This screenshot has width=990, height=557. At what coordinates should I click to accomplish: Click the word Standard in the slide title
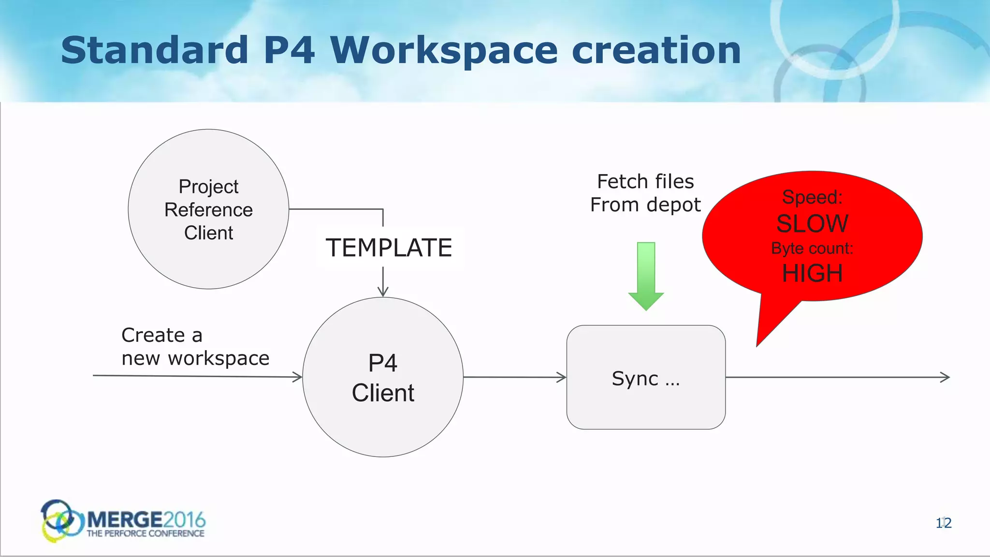click(x=155, y=50)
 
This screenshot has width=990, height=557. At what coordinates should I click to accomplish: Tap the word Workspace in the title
click(x=444, y=51)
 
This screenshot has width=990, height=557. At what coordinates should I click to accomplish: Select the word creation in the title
click(x=656, y=50)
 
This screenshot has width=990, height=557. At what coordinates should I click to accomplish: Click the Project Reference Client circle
click(x=208, y=209)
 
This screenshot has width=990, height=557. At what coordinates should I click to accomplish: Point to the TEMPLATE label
click(x=389, y=248)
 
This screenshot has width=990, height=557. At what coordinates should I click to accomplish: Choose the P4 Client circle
click(x=383, y=378)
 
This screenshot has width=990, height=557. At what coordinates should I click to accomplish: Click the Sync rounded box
click(x=646, y=378)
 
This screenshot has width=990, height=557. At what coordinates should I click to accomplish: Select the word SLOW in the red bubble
click(x=812, y=224)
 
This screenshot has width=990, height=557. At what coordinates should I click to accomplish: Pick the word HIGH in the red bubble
click(x=812, y=274)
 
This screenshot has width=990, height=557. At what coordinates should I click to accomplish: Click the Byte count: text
click(x=812, y=249)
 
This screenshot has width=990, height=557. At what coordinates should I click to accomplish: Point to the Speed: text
click(x=812, y=197)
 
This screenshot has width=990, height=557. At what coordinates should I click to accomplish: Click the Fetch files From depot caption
click(x=645, y=193)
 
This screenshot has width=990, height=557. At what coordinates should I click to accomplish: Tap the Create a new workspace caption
click(x=195, y=347)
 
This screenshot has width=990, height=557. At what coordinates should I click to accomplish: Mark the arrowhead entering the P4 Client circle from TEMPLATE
click(x=383, y=292)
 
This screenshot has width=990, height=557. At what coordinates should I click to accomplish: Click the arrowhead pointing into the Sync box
click(x=562, y=377)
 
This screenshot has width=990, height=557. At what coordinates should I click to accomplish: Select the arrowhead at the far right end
click(x=945, y=377)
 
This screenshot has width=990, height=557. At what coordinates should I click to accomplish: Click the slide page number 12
click(x=944, y=523)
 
